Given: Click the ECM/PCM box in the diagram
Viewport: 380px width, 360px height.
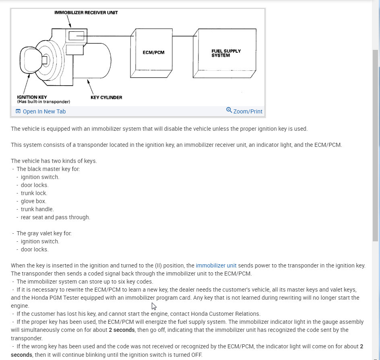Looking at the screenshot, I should coord(153,53).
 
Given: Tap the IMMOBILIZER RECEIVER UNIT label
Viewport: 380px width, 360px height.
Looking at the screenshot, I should coord(86,13).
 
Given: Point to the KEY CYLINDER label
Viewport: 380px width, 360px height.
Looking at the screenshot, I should coord(106,97).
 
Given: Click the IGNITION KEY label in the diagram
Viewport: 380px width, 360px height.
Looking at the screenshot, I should coord(32,97).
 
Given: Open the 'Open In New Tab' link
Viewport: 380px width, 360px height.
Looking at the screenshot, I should coord(44,111).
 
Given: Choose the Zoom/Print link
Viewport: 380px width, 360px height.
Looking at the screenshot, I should coord(248,111).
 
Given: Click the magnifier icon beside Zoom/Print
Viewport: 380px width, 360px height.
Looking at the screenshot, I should coord(229,110).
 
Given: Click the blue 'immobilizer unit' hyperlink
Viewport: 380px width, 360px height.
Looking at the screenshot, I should coord(216,265).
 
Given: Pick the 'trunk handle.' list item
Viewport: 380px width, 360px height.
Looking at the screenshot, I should coord(37,209).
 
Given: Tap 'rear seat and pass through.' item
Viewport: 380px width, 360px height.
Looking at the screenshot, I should coord(56,217).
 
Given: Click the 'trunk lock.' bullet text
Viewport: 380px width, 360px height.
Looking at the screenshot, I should coord(34,193).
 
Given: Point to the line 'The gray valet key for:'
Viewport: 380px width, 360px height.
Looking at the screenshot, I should coord(44,233).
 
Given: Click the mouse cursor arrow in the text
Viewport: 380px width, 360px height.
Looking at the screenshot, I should coord(154,306).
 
